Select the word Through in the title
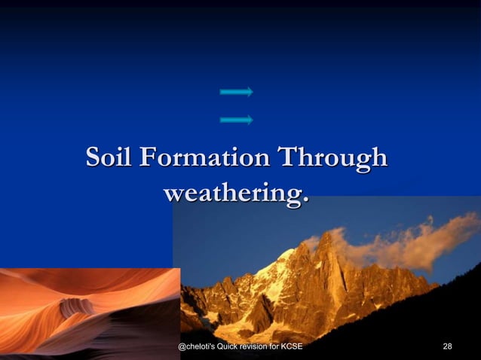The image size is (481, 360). pos(333,160)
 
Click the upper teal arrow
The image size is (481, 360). pos(236,92)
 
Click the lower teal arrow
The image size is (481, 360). pos(236,119)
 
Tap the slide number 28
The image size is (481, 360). pos(448,346)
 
